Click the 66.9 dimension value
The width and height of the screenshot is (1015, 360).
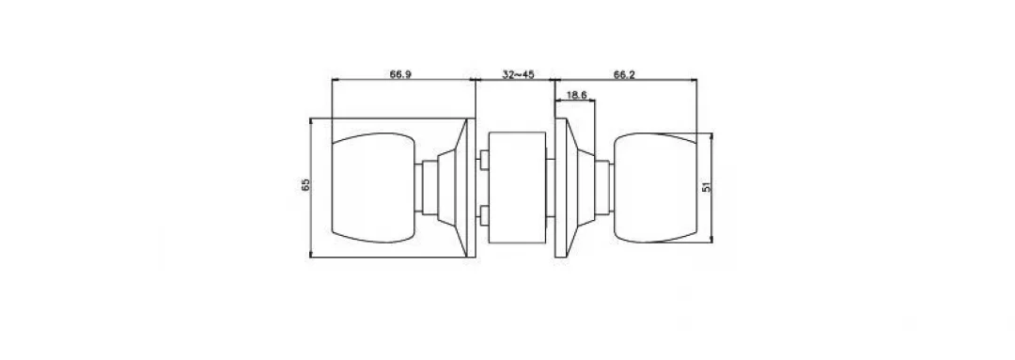coord(400,74)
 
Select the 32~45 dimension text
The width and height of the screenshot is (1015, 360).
coord(518,74)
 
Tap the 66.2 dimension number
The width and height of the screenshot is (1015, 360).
coord(624,74)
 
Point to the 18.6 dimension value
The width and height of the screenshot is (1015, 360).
coord(576,95)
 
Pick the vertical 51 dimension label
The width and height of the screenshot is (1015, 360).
coord(707,186)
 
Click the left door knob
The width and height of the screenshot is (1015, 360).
coord(373,188)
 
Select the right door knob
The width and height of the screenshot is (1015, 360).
coord(654,188)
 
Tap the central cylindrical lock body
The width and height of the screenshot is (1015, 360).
coord(517,188)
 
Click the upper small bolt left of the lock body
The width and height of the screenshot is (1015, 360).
coord(483,160)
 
